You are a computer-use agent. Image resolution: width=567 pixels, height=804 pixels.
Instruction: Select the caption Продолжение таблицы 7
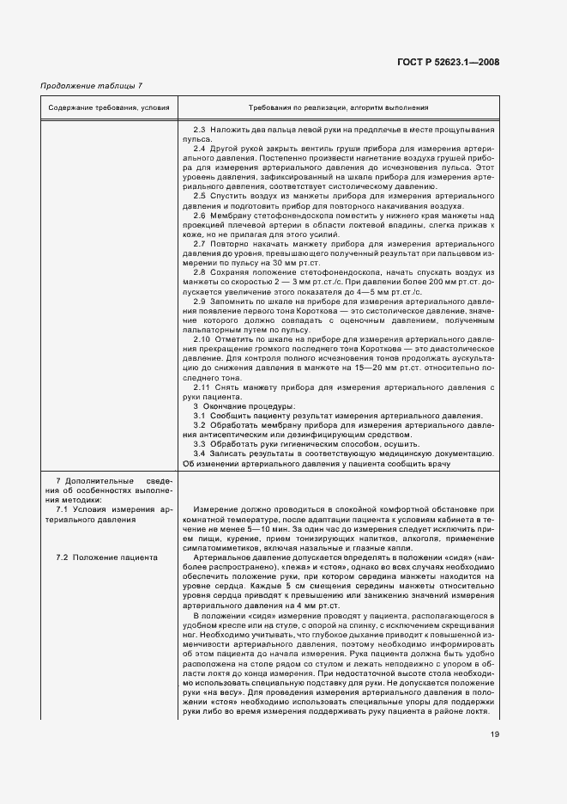[92, 85]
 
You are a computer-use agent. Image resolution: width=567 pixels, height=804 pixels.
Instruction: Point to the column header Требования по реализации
[338, 109]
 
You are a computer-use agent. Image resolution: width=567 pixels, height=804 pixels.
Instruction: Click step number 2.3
[201, 129]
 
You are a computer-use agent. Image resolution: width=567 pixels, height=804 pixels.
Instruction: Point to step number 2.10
[202, 339]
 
